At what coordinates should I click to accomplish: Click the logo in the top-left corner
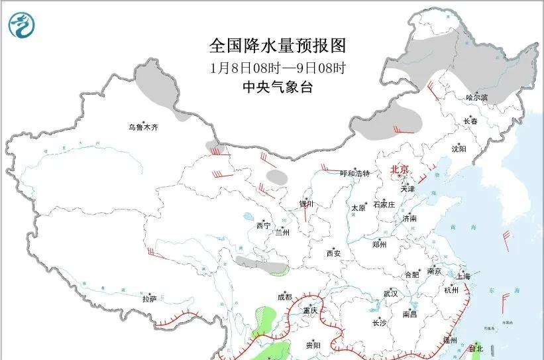pyautogui.click(x=23, y=25)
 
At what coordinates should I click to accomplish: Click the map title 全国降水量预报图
pyautogui.click(x=278, y=46)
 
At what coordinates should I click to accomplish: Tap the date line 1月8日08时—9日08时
pyautogui.click(x=278, y=67)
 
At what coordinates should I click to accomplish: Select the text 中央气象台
pyautogui.click(x=278, y=86)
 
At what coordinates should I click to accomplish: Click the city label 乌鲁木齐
pyautogui.click(x=144, y=127)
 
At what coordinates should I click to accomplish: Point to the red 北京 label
pyautogui.click(x=400, y=170)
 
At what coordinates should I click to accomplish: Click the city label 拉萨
pyautogui.click(x=149, y=299)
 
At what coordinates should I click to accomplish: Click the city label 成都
pyautogui.click(x=284, y=297)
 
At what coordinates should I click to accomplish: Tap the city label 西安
pyautogui.click(x=333, y=253)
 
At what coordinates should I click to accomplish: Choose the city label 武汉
pyautogui.click(x=390, y=294)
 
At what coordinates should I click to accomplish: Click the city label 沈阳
pyautogui.click(x=459, y=149)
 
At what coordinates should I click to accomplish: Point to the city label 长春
pyautogui.click(x=470, y=121)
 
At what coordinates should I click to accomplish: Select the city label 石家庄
pyautogui.click(x=384, y=204)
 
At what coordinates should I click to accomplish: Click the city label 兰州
pyautogui.click(x=283, y=232)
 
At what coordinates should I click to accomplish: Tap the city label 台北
pyautogui.click(x=476, y=349)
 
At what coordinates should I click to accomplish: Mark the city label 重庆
pyautogui.click(x=311, y=310)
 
